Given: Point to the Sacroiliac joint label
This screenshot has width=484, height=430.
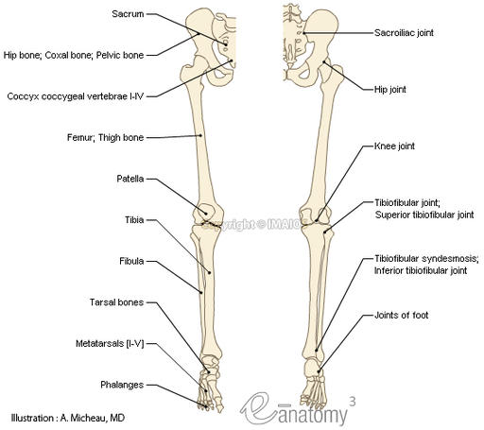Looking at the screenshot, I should [405, 31].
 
